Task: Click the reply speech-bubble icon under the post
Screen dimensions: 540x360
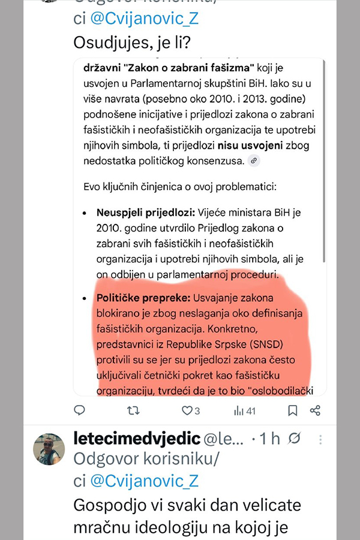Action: click(x=79, y=410)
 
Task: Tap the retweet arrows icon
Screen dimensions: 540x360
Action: click(x=134, y=410)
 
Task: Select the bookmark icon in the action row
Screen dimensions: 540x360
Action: click(x=292, y=410)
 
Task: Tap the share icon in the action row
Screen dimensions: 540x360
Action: click(x=315, y=410)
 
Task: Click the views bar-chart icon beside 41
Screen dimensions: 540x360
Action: click(x=238, y=410)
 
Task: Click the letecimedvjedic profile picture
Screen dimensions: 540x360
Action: click(x=48, y=448)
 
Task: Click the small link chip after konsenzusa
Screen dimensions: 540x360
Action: click(x=254, y=161)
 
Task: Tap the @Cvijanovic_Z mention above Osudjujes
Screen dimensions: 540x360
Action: click(x=143, y=19)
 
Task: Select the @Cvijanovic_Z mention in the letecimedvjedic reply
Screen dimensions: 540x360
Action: click(x=143, y=480)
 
